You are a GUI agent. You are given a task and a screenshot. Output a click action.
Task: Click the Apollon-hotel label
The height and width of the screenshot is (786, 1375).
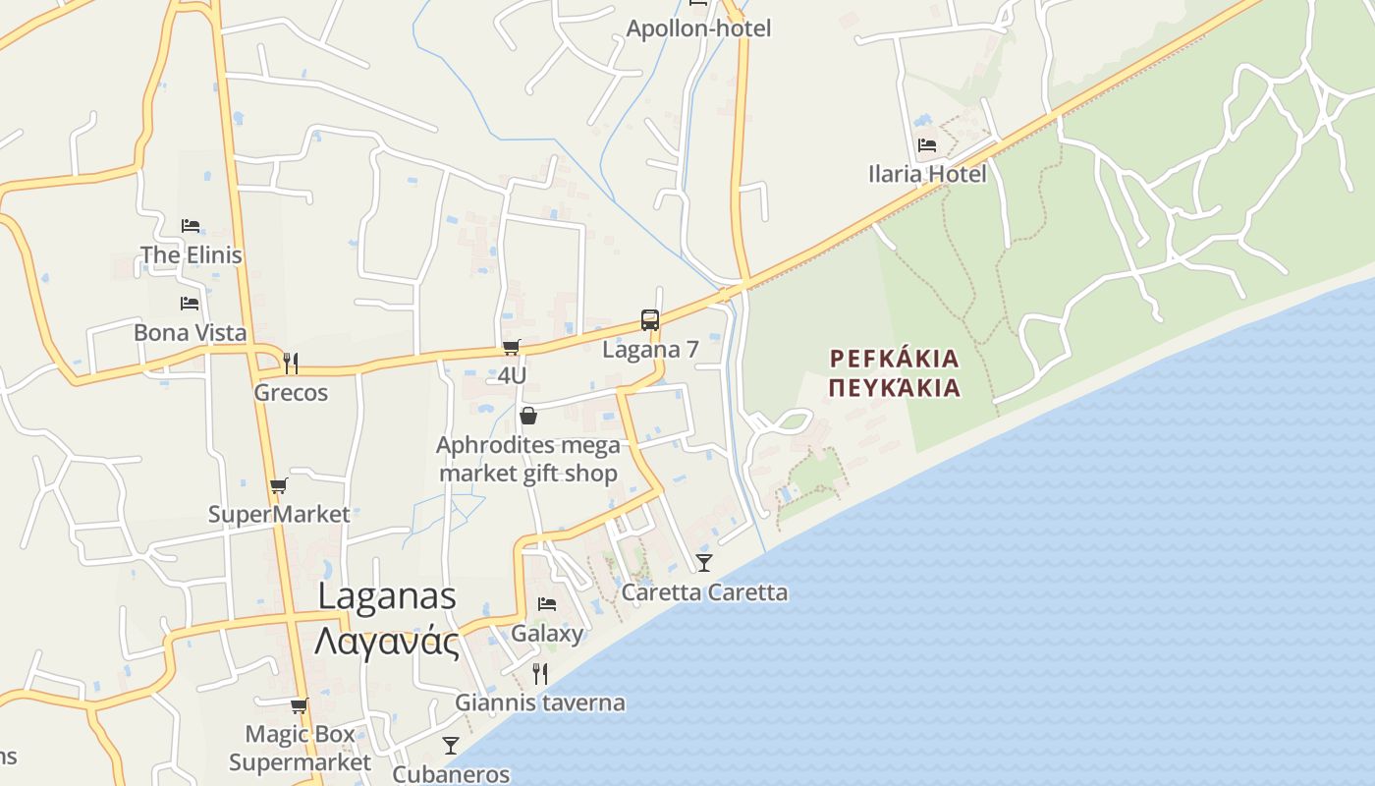point(698,28)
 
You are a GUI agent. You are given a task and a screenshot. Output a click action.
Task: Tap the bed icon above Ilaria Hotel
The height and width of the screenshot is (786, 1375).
point(926,145)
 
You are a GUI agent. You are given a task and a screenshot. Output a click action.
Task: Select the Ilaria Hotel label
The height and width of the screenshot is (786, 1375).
point(927,175)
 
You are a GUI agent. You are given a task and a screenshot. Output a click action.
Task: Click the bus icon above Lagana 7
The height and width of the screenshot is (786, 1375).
point(649,319)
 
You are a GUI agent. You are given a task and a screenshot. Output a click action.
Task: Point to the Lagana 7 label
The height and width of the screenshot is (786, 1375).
point(650,350)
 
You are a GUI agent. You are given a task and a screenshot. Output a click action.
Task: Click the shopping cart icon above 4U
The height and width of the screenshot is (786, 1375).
point(511,347)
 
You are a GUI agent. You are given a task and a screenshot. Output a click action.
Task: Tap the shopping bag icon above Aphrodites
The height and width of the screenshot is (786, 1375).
point(528,416)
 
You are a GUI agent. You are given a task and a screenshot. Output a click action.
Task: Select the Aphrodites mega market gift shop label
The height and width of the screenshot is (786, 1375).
point(528,460)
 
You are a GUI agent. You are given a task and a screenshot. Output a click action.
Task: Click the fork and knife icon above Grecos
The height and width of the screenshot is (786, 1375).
point(290,363)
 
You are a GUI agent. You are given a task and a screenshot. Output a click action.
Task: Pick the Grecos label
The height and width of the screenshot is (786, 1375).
point(291,393)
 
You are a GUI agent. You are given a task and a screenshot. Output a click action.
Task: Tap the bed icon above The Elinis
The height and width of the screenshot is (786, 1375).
point(191,226)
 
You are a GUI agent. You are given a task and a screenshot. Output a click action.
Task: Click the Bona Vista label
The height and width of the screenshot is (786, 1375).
point(190,333)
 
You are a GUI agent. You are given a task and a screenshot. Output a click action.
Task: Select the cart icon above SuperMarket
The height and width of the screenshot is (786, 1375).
point(279,485)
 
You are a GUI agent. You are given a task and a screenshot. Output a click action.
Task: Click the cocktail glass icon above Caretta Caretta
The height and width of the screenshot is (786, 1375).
point(704,562)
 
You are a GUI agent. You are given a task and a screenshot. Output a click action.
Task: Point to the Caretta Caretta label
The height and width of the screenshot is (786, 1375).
point(704,592)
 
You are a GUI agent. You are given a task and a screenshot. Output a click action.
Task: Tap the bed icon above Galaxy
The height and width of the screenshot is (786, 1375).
point(547,603)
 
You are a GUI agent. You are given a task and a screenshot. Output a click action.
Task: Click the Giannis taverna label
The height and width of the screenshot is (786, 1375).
point(539,702)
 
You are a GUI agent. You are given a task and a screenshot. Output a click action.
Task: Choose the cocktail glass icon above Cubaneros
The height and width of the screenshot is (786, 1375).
point(451,745)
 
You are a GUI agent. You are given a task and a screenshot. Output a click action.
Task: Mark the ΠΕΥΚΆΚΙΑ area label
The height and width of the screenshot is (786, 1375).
point(894,388)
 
